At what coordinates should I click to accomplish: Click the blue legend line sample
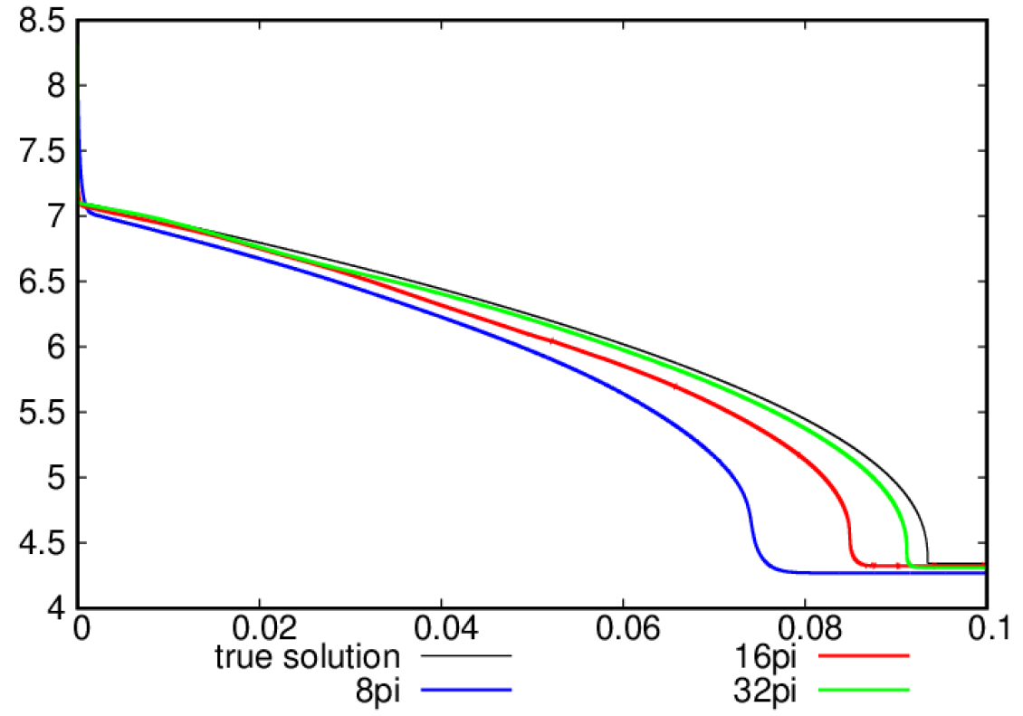point(466,690)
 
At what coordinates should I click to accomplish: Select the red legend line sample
point(865,655)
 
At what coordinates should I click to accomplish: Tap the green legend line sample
point(865,690)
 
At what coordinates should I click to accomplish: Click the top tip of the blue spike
point(80,100)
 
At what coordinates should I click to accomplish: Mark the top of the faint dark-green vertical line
point(77,46)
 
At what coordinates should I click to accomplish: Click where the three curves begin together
point(81,205)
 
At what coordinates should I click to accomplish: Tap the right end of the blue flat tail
point(983,572)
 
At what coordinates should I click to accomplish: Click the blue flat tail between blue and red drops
point(815,572)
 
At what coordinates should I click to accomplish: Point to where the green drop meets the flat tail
point(909,566)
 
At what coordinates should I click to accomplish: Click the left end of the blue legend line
point(422,690)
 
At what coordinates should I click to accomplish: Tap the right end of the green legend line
point(910,690)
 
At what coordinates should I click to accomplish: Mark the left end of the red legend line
point(820,655)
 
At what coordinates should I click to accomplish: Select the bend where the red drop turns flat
point(856,562)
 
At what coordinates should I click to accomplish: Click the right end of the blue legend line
point(512,690)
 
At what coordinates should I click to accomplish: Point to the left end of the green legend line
point(820,690)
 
